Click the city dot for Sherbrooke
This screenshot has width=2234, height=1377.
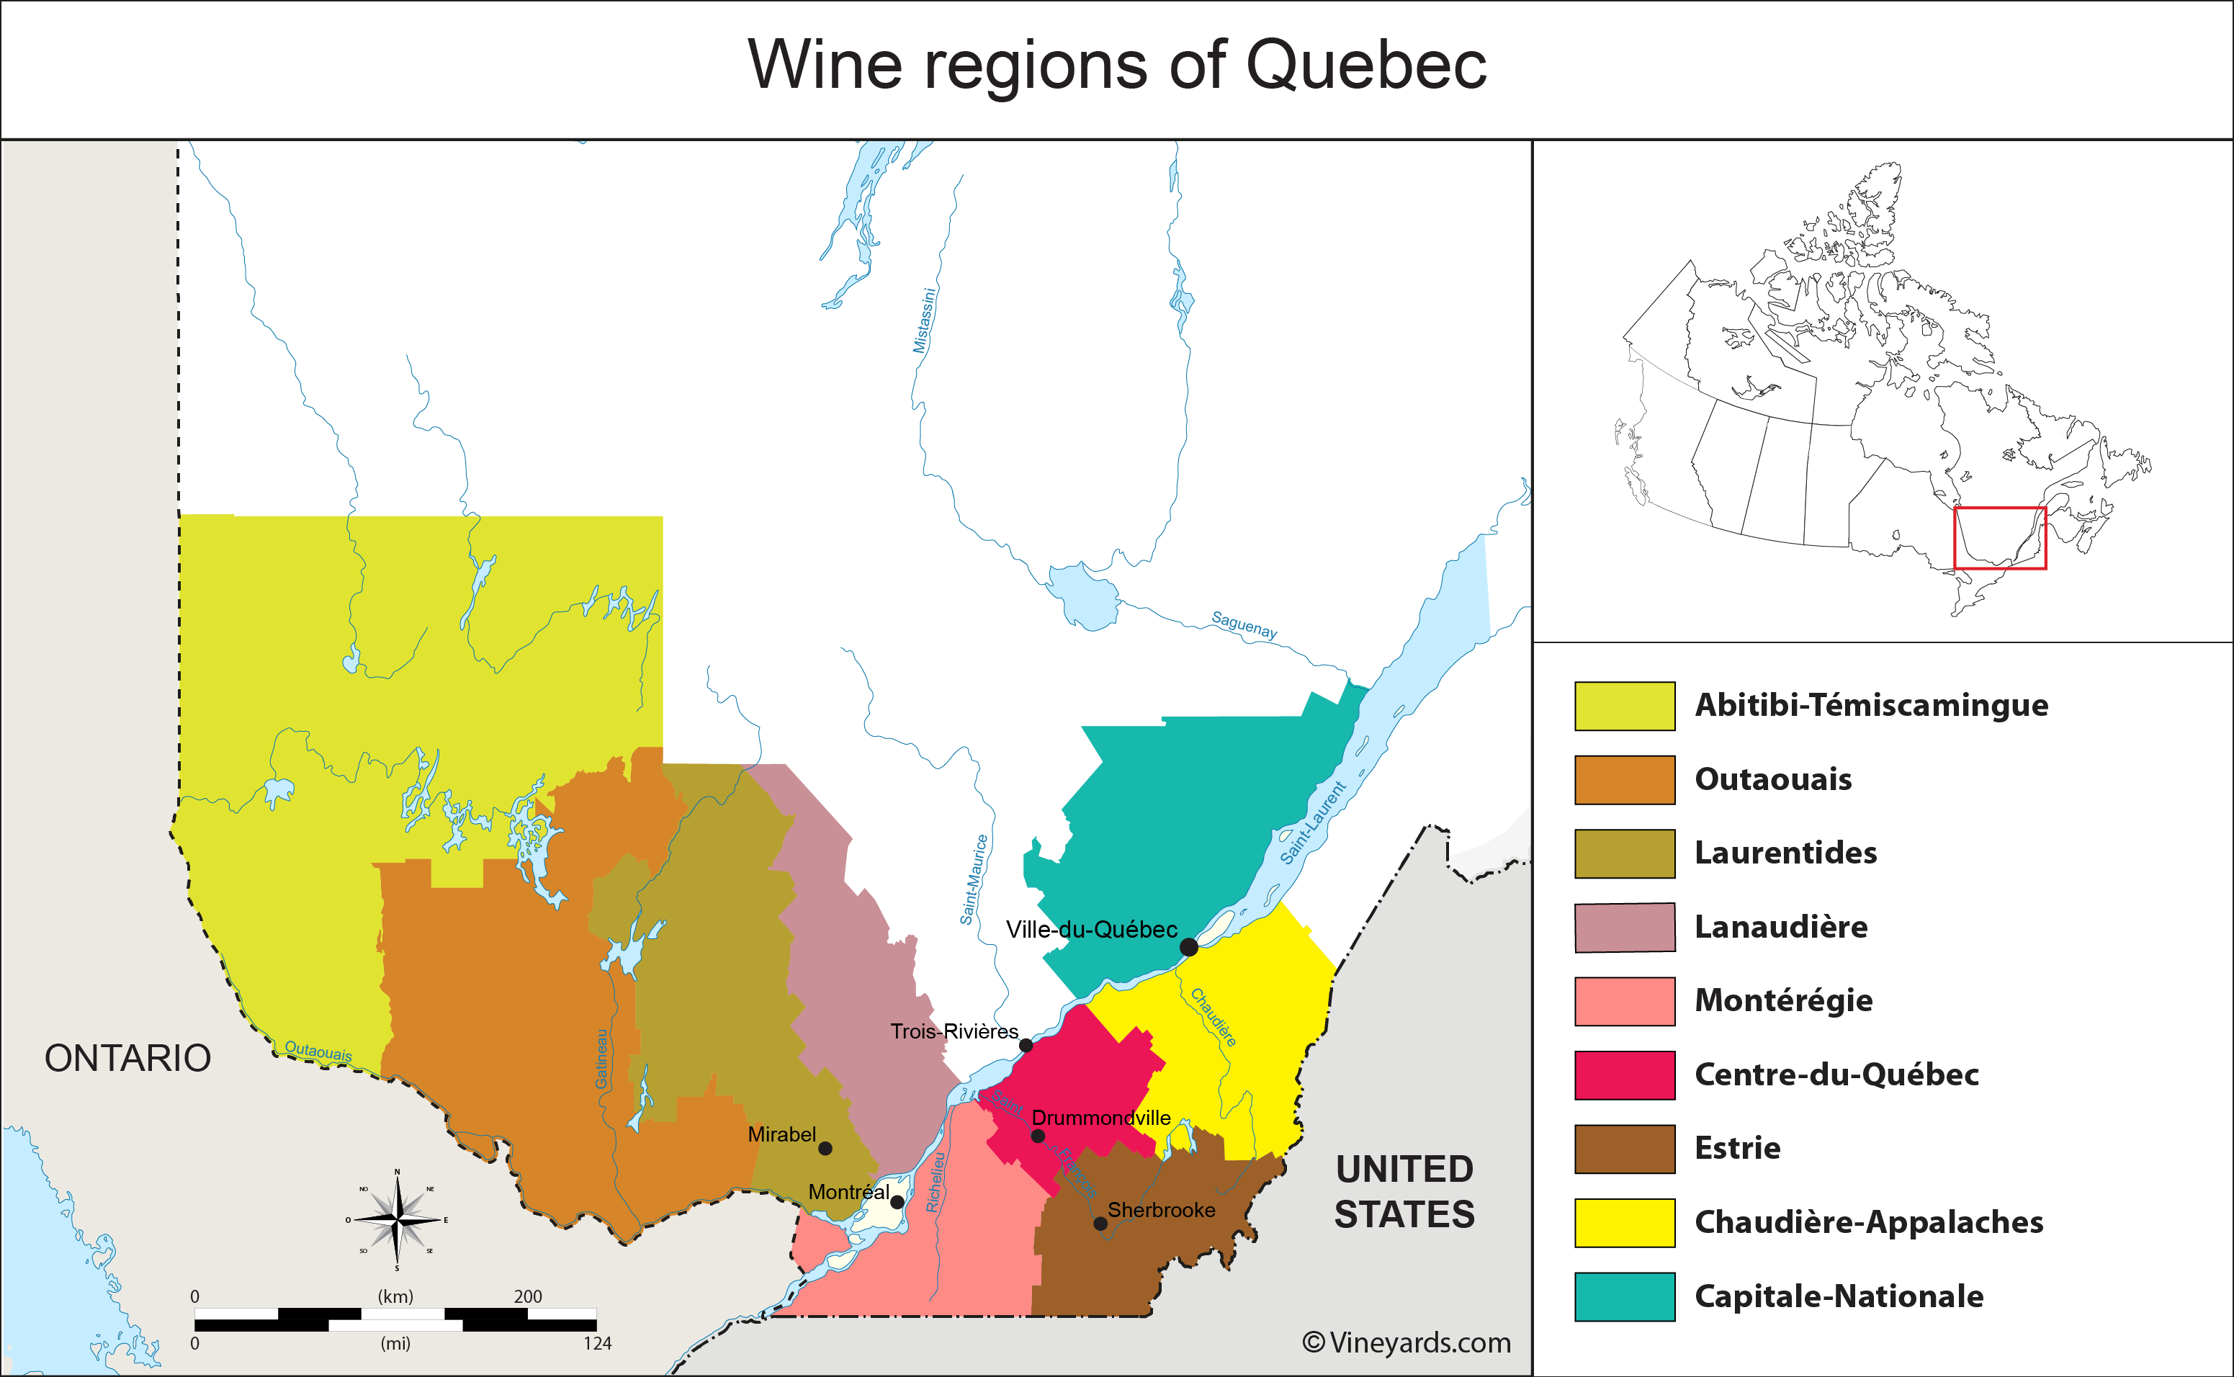pos(1100,1223)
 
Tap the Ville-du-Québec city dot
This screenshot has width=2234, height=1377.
pos(1188,947)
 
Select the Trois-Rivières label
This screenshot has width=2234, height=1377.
pos(954,1031)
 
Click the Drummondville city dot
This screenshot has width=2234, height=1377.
pos(1037,1136)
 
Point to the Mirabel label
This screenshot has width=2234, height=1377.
pos(781,1134)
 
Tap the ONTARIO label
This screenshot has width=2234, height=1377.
pos(127,1058)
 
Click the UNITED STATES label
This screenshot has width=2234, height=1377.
pos(1404,1191)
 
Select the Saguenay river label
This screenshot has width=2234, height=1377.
pos(1244,624)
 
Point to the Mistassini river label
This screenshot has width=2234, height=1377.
pos(925,320)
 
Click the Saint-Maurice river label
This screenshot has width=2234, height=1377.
pos(974,879)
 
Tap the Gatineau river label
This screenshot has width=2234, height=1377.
pos(602,1058)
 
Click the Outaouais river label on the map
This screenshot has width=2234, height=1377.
pos(318,1050)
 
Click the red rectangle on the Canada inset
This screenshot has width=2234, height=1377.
pos(2000,538)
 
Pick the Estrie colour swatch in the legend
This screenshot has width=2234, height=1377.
pos(1624,1149)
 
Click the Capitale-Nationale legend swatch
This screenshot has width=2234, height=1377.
pos(1624,1296)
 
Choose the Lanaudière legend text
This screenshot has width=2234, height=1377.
pos(1780,927)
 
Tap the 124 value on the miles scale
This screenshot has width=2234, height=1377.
pos(598,1343)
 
